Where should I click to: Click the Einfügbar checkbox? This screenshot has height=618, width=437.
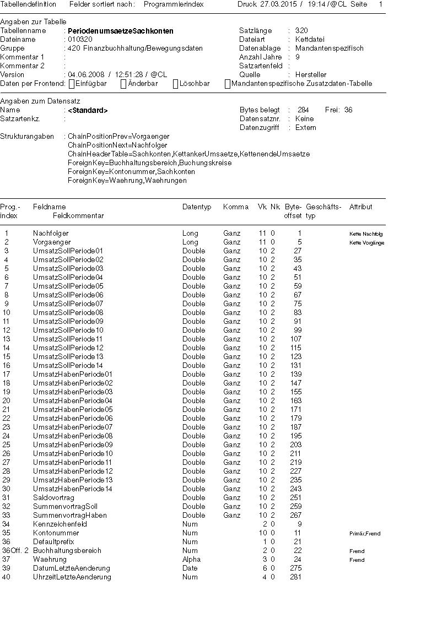tap(71, 84)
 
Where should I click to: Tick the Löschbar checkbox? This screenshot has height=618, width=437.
tap(175, 84)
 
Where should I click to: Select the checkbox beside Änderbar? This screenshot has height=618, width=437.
tap(123, 84)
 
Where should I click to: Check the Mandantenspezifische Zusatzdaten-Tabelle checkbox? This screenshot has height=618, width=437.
tap(227, 84)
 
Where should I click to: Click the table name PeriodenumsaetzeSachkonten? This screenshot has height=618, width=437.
tap(120, 31)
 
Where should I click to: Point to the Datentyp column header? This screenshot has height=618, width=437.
tap(197, 207)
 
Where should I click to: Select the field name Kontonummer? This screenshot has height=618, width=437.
tap(56, 533)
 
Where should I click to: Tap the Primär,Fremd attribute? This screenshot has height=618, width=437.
tap(364, 533)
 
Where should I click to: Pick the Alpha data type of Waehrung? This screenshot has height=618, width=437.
tap(191, 559)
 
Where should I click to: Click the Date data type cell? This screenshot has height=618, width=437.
tap(190, 568)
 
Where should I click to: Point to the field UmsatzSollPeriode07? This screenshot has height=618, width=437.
tap(68, 303)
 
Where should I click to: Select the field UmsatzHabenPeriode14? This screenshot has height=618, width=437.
tap(72, 489)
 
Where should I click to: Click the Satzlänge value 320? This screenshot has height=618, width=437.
tap(301, 31)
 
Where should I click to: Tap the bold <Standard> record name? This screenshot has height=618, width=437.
tap(88, 110)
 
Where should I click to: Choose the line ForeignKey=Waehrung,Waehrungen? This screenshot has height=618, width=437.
tap(127, 180)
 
